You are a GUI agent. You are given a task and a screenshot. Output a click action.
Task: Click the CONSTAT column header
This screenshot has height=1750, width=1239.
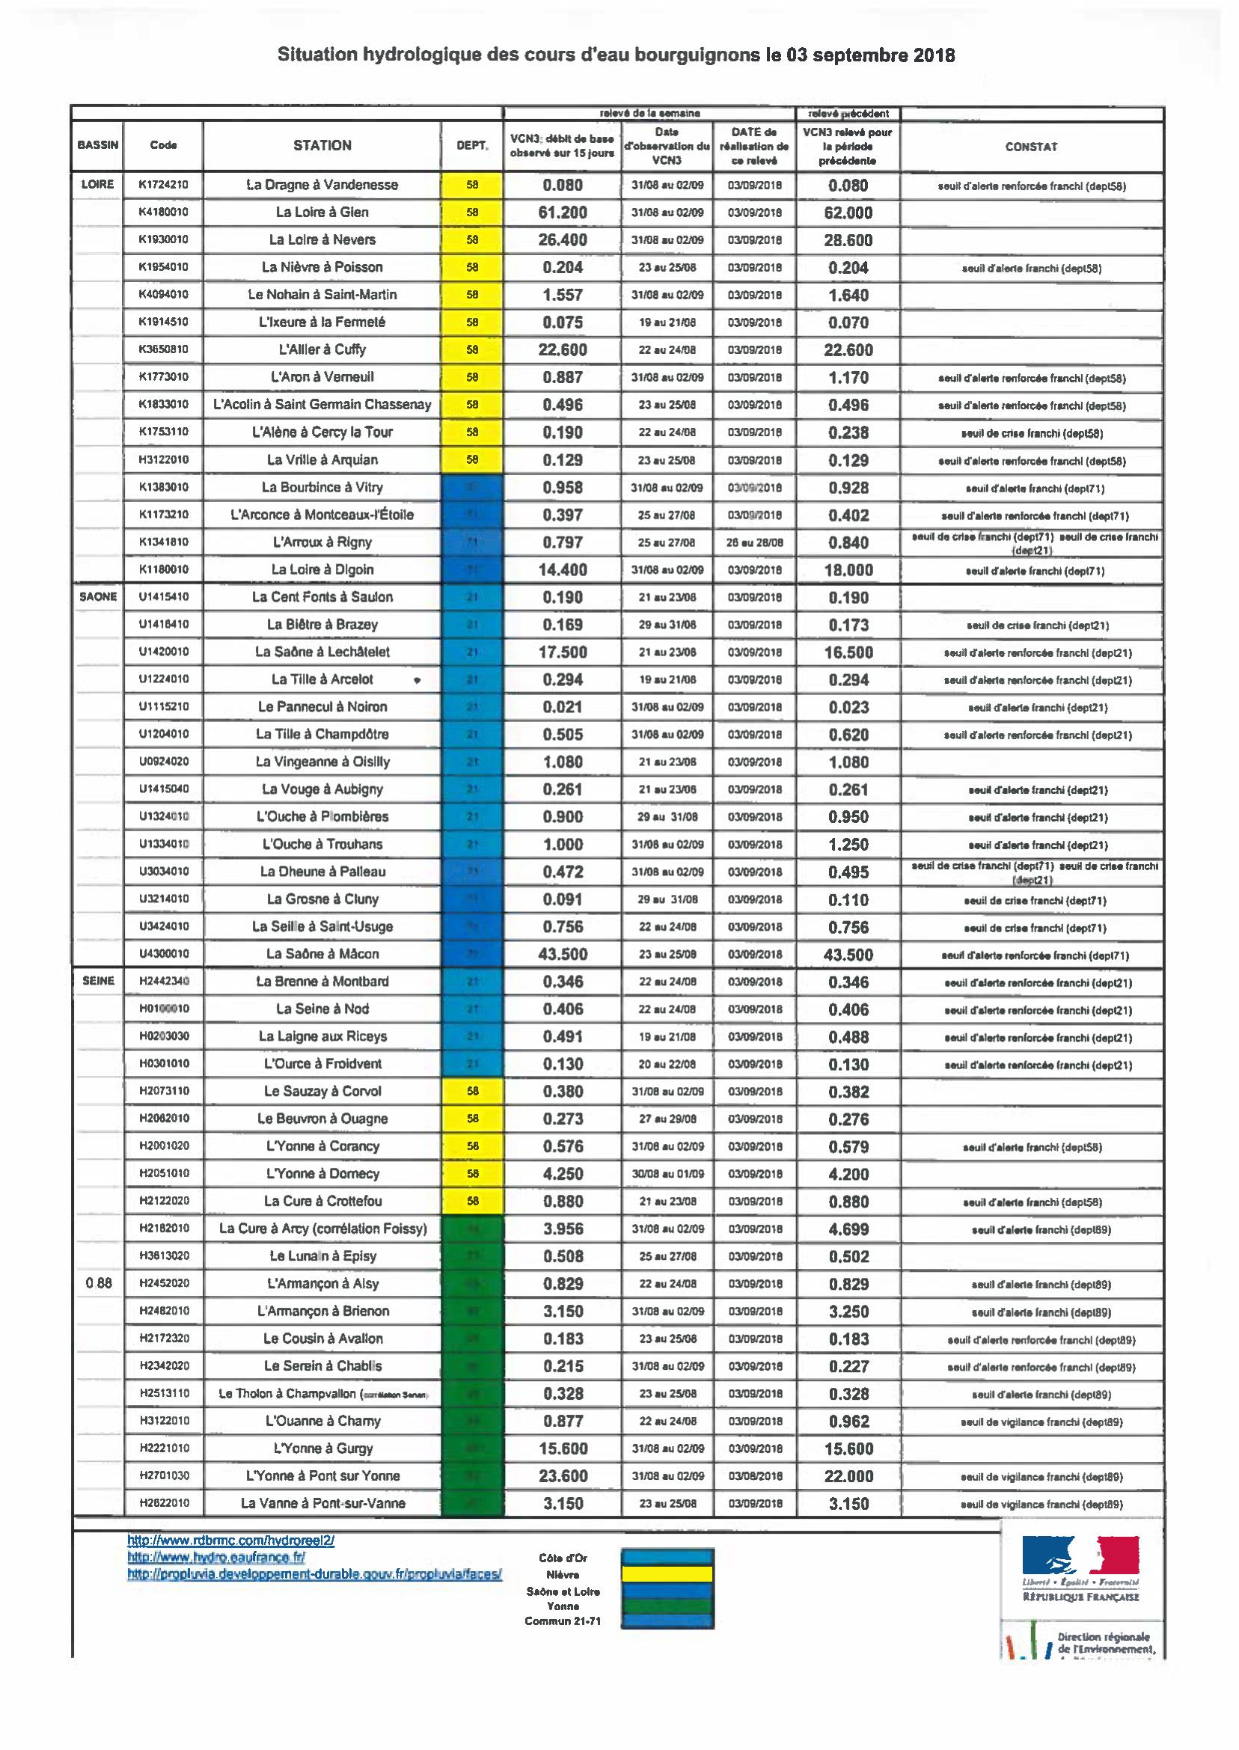[x=1031, y=147]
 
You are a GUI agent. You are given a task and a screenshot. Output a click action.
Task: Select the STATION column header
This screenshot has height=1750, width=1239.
[x=322, y=145]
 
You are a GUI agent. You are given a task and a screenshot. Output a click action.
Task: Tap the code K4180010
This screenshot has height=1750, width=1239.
[x=163, y=212]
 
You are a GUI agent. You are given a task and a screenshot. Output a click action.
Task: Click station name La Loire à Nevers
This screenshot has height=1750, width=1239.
[x=322, y=239]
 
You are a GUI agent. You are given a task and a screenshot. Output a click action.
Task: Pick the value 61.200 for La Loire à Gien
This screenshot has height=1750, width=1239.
[x=563, y=212]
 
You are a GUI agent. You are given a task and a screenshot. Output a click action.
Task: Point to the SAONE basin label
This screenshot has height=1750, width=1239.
[x=98, y=596]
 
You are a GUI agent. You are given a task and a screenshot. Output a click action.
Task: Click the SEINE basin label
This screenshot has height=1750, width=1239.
[x=98, y=981]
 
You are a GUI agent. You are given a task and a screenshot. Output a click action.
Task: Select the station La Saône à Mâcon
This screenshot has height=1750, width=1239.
[x=322, y=954]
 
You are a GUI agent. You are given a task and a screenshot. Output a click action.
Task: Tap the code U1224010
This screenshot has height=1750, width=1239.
[x=163, y=679]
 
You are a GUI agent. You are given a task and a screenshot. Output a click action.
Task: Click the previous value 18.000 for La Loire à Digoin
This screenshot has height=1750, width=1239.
[x=848, y=570]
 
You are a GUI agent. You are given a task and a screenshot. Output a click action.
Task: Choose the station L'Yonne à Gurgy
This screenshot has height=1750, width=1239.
[x=322, y=1448]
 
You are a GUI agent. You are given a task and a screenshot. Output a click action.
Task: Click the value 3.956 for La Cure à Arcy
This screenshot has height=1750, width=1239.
[x=563, y=1229]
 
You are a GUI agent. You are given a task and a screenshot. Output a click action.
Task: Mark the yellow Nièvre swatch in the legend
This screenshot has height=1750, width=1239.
[x=667, y=1573]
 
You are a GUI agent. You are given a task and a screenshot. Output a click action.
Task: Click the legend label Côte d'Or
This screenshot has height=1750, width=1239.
[x=563, y=1558]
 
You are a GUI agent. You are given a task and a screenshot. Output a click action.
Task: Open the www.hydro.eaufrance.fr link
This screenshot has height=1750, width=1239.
[x=216, y=1557]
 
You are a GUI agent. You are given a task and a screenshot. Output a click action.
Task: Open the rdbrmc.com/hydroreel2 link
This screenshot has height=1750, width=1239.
[x=230, y=1541]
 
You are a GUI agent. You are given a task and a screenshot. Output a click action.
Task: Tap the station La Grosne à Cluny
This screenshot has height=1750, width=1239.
[x=322, y=899]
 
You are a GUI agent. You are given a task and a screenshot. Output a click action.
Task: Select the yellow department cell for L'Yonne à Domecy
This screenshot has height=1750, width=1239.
[x=471, y=1173]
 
